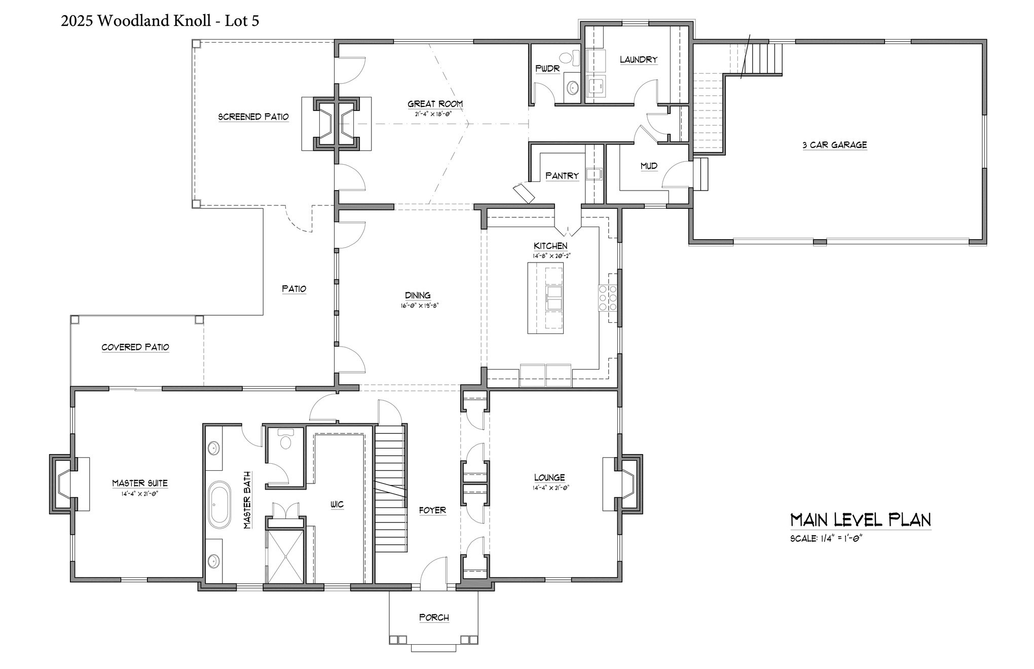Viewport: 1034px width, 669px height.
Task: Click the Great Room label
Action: click(x=435, y=104)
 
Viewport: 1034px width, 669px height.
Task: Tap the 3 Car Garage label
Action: click(x=834, y=145)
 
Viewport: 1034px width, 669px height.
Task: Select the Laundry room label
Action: click(x=639, y=60)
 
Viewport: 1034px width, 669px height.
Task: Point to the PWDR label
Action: click(x=547, y=68)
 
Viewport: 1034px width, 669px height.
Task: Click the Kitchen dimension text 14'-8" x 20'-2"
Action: click(x=550, y=256)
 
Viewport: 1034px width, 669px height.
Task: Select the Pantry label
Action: click(x=562, y=176)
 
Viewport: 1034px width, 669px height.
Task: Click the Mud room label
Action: click(x=649, y=166)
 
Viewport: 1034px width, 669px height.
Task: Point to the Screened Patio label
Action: click(x=253, y=117)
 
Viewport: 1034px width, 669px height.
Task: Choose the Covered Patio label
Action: click(x=135, y=348)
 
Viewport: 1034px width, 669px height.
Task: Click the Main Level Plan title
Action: click(x=861, y=521)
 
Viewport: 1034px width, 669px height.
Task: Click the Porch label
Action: click(x=434, y=618)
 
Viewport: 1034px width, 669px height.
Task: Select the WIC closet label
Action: click(x=337, y=505)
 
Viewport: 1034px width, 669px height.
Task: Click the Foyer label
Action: click(x=432, y=510)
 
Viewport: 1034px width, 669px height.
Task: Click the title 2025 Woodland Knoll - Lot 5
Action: click(x=160, y=21)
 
